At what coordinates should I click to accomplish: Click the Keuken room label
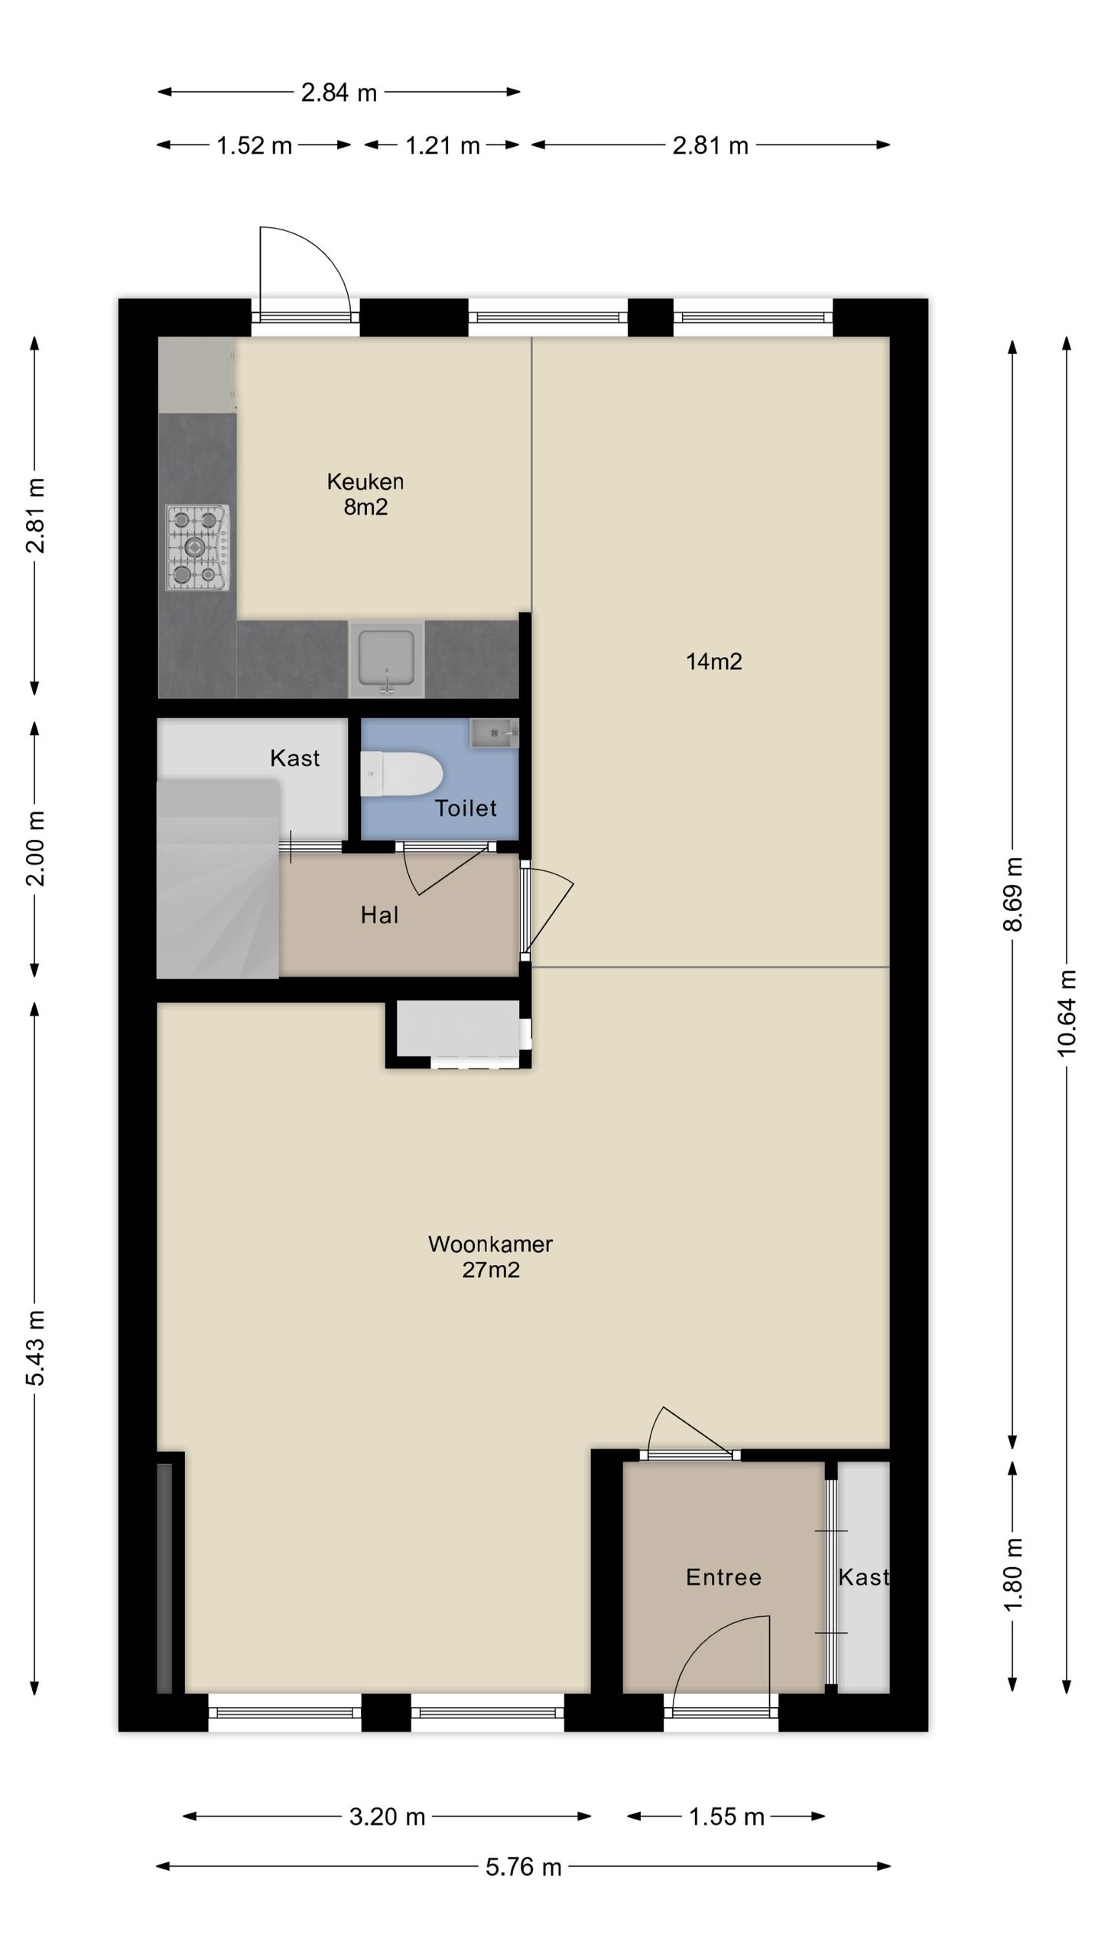[365, 481]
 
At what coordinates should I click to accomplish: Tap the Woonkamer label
[490, 1244]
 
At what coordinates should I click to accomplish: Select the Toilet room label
[466, 808]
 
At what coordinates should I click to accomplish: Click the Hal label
[379, 915]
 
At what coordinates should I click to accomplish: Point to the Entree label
[723, 1577]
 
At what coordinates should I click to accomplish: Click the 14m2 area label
[714, 662]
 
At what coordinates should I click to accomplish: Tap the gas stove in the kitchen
[197, 547]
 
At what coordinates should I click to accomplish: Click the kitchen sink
[387, 659]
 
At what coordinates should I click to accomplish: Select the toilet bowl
[401, 774]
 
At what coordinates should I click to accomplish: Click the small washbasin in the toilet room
[494, 733]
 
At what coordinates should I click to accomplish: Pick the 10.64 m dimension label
[1067, 1013]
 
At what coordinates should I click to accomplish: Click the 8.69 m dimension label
[1012, 894]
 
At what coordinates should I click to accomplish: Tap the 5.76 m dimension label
[524, 1866]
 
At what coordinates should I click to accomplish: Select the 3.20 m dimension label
[387, 1817]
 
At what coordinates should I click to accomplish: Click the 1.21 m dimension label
[442, 145]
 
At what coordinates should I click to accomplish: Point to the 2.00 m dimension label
[36, 848]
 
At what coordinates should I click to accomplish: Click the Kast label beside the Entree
[863, 1577]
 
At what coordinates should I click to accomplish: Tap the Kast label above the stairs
[294, 758]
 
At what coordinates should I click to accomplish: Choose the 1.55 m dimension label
[726, 1817]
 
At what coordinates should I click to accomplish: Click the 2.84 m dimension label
[339, 93]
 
